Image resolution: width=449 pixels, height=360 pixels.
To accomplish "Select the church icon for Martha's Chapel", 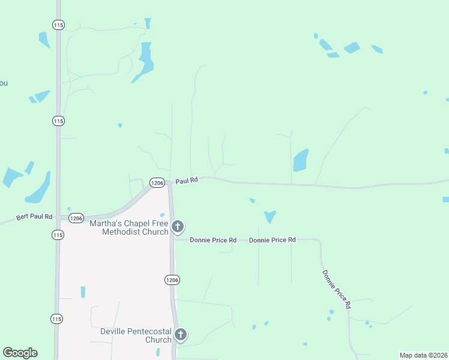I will [178, 226].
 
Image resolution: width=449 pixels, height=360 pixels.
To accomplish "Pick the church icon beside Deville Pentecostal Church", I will [181, 335].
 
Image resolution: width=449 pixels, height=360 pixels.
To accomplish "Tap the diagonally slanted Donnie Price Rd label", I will [336, 289].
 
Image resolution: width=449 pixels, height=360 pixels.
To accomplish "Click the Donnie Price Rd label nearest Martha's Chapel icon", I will [213, 240].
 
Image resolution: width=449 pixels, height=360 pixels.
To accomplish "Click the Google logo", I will [20, 353].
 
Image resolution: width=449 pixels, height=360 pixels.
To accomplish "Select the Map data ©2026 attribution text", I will [423, 355].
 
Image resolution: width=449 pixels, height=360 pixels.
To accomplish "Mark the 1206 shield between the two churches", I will [172, 280].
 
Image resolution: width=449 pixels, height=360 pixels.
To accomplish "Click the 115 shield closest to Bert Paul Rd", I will [57, 235].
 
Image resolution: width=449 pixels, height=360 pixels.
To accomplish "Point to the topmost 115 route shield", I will [58, 25].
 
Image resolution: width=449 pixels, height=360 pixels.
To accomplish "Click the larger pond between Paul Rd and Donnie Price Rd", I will [270, 216].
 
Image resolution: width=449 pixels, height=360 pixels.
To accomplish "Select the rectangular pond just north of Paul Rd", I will [300, 160].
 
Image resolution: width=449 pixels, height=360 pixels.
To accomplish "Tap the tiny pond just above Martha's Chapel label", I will [162, 214].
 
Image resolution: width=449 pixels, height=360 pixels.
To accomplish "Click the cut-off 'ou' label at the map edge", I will [4, 83].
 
